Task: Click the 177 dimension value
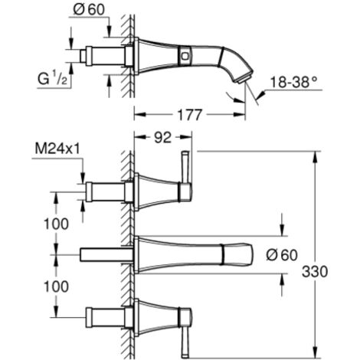pyautogui.click(x=189, y=115)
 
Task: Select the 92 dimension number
pyautogui.click(x=163, y=137)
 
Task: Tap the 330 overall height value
pyautogui.click(x=315, y=272)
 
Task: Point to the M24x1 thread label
pyautogui.click(x=57, y=149)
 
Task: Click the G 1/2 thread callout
pyautogui.click(x=52, y=78)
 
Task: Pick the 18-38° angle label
pyautogui.click(x=293, y=82)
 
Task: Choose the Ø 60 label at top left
pyautogui.click(x=89, y=10)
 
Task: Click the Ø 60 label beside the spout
pyautogui.click(x=282, y=255)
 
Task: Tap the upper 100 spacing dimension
pyautogui.click(x=56, y=224)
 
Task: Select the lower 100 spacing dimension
pyautogui.click(x=56, y=286)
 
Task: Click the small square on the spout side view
pyautogui.click(x=185, y=55)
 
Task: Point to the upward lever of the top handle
pyautogui.click(x=185, y=167)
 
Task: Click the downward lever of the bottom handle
pyautogui.click(x=185, y=342)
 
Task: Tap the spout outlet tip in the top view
pyautogui.click(x=244, y=78)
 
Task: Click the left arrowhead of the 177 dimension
pyautogui.click(x=140, y=115)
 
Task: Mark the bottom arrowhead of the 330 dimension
pyautogui.click(x=316, y=352)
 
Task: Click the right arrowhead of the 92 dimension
pyautogui.click(x=186, y=137)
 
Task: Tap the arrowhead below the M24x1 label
pyautogui.click(x=83, y=178)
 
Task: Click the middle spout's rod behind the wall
pyautogui.click(x=106, y=254)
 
